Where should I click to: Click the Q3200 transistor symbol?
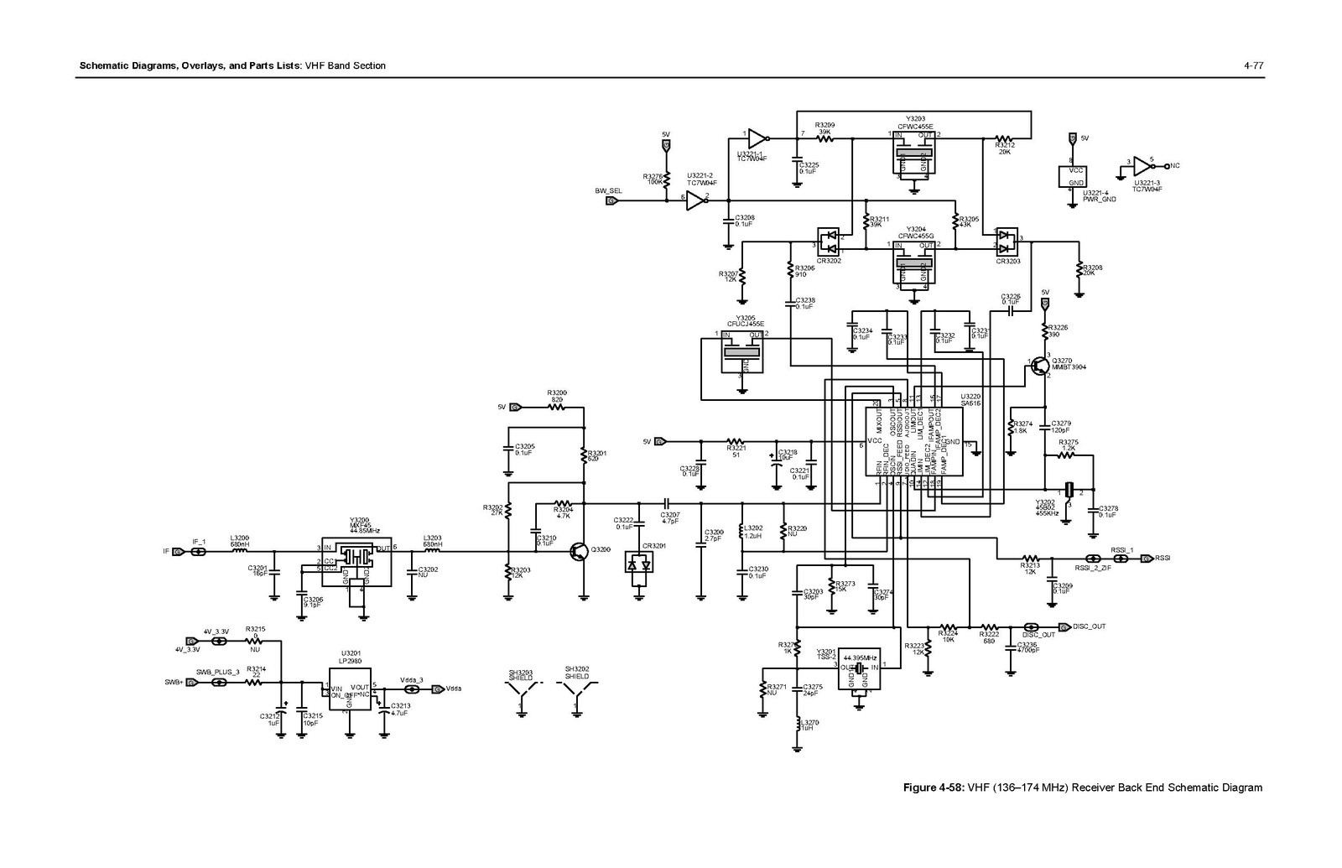coord(580,551)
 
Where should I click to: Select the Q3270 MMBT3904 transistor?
coord(1041,366)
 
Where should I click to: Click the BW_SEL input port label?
coord(608,191)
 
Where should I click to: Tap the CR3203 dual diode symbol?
coord(1007,242)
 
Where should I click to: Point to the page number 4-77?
coord(1254,65)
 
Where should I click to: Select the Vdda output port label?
coord(454,689)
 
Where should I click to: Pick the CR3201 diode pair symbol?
coord(639,565)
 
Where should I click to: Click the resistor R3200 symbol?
coord(556,407)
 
